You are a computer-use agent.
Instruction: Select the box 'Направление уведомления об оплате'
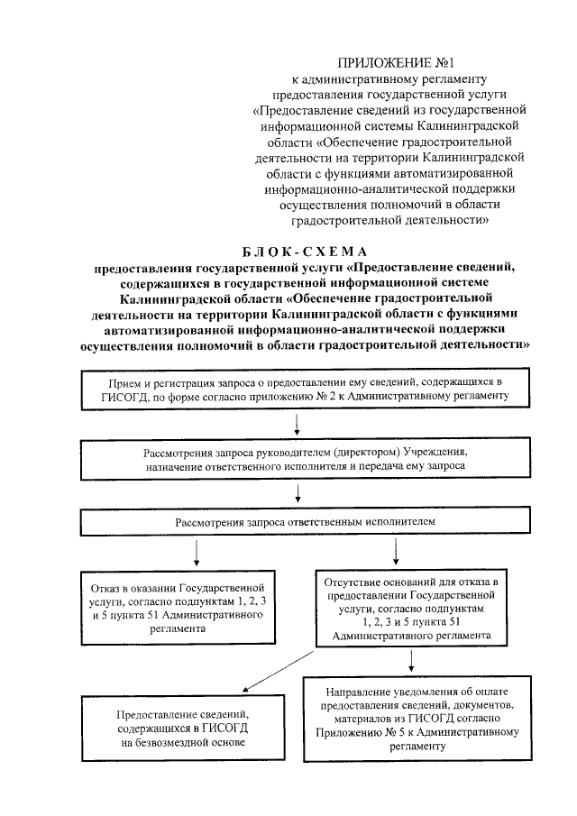coord(417,716)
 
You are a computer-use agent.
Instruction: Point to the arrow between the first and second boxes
coord(298,424)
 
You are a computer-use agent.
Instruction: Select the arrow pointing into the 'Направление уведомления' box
coord(411,662)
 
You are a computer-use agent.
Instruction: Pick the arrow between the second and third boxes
coord(298,492)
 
